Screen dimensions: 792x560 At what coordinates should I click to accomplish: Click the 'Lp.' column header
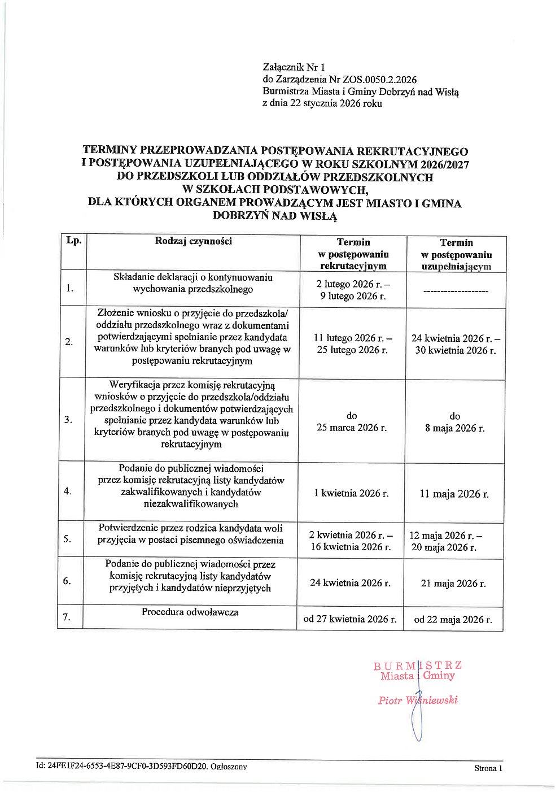click(x=74, y=240)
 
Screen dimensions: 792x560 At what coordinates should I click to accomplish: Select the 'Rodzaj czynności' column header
click(x=193, y=241)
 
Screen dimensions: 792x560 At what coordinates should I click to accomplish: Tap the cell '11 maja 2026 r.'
click(x=454, y=494)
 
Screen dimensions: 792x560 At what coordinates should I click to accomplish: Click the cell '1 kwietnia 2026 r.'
click(x=351, y=493)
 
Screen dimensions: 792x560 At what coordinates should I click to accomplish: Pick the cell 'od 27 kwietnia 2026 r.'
click(x=350, y=619)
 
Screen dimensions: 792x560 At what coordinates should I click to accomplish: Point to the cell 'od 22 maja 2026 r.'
click(x=453, y=620)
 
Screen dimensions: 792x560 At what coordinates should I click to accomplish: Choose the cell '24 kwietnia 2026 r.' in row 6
click(x=350, y=582)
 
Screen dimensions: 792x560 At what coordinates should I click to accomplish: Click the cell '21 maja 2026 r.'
click(x=453, y=584)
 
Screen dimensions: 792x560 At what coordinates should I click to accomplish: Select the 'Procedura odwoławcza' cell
click(x=190, y=612)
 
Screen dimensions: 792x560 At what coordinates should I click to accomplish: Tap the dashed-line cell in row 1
click(x=455, y=291)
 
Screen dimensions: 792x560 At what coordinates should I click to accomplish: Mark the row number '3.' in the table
click(x=68, y=419)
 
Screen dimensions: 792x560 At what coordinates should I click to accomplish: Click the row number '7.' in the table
click(x=67, y=617)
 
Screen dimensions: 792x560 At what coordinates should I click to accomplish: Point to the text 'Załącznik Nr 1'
click(x=294, y=67)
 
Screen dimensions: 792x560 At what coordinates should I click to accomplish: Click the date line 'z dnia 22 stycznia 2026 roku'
click(x=322, y=103)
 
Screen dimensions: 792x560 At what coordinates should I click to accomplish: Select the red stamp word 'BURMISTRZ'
click(x=417, y=665)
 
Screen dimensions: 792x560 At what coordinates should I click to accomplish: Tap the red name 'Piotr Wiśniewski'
click(x=418, y=700)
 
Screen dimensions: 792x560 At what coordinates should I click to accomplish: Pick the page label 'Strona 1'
click(x=488, y=768)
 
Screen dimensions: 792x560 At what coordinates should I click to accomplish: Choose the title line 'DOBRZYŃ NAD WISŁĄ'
click(x=275, y=216)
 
